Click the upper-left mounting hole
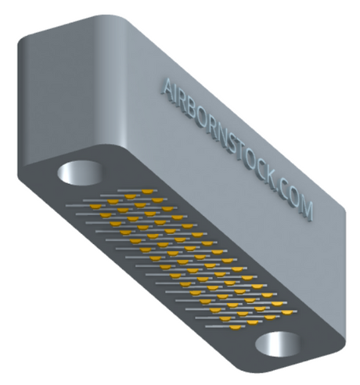click(80, 173)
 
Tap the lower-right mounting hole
click(277, 344)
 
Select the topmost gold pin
click(147, 192)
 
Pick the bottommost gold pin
click(236, 327)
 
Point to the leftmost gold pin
click(95, 207)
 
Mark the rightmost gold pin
click(287, 312)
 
